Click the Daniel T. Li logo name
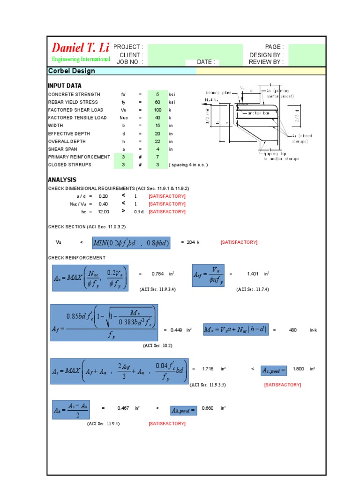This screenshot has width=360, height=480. [79, 47]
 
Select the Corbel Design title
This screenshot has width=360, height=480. [71, 71]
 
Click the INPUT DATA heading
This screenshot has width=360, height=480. [64, 86]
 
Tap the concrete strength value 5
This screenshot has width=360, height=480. [157, 94]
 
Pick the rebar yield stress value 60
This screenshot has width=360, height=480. [157, 102]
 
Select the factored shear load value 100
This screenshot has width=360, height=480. [157, 110]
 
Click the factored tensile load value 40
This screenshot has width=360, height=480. [157, 118]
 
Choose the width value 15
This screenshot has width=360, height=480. [157, 126]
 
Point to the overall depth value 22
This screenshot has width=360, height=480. [157, 141]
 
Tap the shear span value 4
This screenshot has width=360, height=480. [157, 149]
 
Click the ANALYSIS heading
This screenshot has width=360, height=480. [62, 180]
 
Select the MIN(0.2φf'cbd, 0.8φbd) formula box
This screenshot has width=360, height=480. [131, 242]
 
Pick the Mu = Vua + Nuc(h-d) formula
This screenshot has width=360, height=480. [236, 330]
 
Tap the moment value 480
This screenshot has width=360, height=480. [293, 330]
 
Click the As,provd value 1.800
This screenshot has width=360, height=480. [299, 369]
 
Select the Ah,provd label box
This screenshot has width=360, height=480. [184, 409]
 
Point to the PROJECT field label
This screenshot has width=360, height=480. [128, 47]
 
